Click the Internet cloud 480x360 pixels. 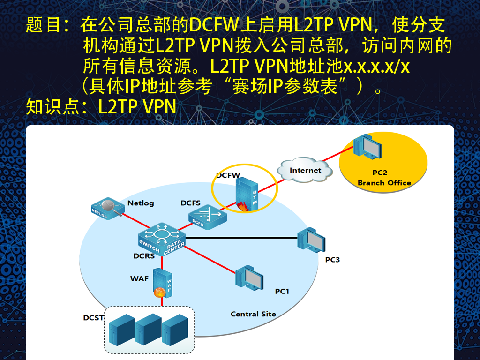[x=305, y=171]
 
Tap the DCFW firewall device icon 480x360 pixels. [x=247, y=195]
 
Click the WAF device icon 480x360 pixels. [x=162, y=283]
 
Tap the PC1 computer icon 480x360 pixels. [x=249, y=278]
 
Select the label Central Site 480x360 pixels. [x=253, y=314]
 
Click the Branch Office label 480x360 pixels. [x=384, y=183]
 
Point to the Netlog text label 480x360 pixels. [x=141, y=203]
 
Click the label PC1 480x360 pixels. [x=282, y=291]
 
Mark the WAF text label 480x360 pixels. [x=139, y=278]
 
